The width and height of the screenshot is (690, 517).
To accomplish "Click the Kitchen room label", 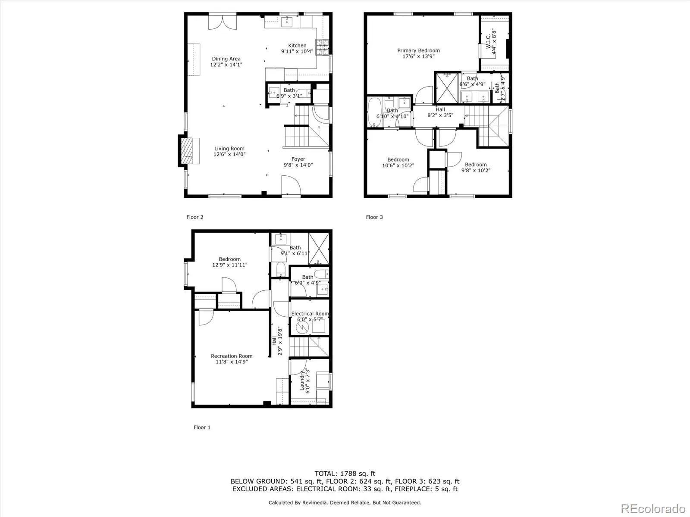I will coord(297,46).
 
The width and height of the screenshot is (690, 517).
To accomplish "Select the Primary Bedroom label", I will coord(418,51).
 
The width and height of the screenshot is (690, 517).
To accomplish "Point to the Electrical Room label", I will coord(310,314).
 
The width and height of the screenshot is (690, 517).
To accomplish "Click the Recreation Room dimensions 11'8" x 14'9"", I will coord(232,362).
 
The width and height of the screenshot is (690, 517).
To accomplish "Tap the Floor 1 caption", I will coord(202,427).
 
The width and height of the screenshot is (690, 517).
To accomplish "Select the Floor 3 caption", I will coord(374,217).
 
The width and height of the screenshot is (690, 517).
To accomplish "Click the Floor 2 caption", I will coord(194,217).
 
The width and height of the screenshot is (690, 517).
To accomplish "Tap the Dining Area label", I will coord(226,59).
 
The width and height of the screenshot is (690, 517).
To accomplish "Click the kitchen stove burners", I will coord(322,48).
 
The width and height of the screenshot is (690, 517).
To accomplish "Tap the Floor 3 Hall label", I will coord(440,109).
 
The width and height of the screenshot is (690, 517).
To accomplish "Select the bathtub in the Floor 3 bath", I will coord(373,113).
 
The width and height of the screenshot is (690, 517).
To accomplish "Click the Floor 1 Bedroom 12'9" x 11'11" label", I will coord(229,259).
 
